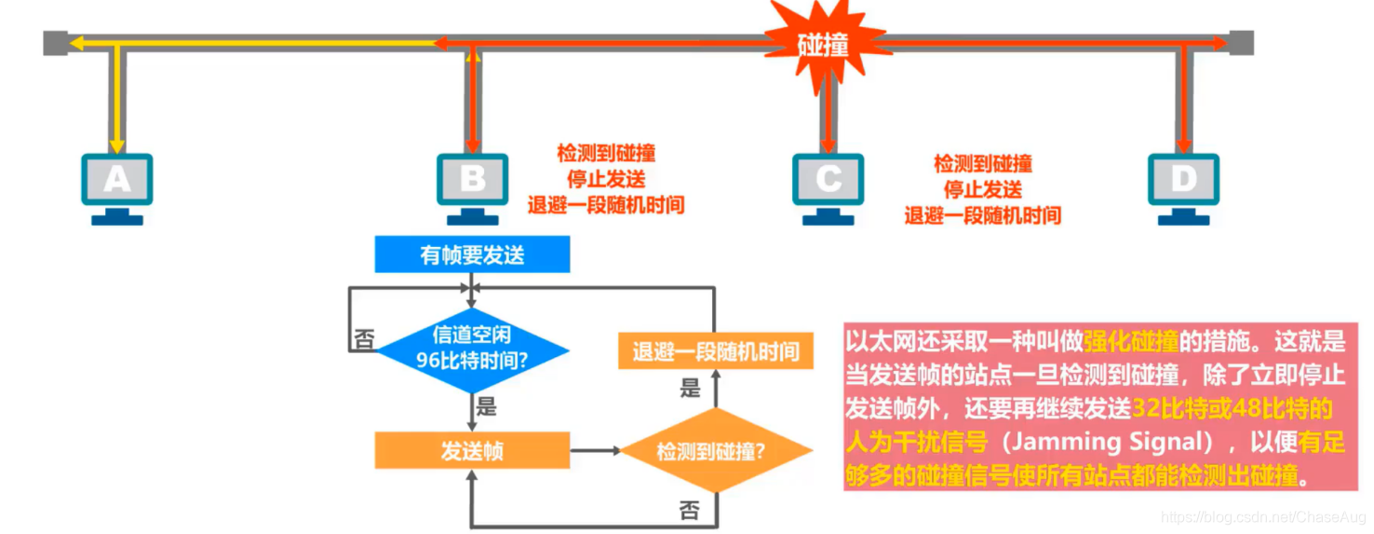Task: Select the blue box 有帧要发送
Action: [x=472, y=254]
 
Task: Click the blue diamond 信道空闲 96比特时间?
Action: [x=472, y=347]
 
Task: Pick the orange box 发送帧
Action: [x=472, y=450]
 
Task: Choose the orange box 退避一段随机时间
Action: [x=715, y=352]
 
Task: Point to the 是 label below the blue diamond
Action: [x=486, y=406]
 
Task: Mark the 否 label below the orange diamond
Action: [x=689, y=509]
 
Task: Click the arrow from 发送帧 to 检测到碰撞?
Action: [x=596, y=451]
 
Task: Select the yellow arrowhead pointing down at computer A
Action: [x=116, y=145]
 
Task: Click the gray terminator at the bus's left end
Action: [x=55, y=43]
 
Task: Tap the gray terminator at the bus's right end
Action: [x=1241, y=43]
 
